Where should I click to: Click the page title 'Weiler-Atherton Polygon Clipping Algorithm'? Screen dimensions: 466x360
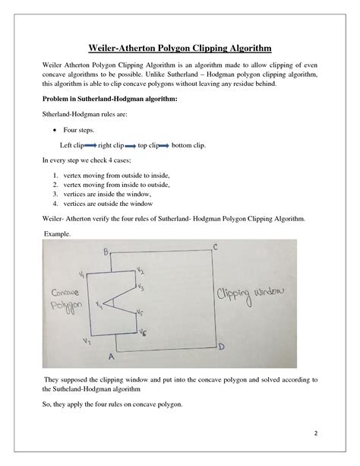click(181, 48)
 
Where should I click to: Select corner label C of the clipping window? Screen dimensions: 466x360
click(216, 248)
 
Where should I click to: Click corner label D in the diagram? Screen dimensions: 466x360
click(220, 347)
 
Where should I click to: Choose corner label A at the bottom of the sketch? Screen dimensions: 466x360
click(112, 356)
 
